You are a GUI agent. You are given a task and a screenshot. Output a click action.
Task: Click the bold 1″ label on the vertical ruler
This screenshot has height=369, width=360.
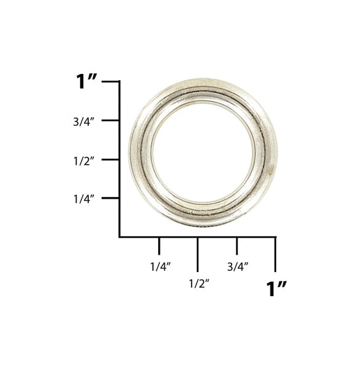pyautogui.click(x=86, y=81)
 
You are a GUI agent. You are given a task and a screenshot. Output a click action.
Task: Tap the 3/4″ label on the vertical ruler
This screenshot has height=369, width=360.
pyautogui.click(x=83, y=122)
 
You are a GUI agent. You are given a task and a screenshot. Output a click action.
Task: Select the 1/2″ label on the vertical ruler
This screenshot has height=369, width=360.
pyautogui.click(x=84, y=161)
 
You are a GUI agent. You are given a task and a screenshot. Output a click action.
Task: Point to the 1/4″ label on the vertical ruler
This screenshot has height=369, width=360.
pyautogui.click(x=84, y=199)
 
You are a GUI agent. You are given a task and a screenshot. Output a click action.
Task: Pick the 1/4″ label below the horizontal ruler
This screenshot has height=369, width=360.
pyautogui.click(x=161, y=267)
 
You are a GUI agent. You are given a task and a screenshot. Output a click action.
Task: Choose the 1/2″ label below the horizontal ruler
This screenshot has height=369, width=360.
pyautogui.click(x=199, y=284)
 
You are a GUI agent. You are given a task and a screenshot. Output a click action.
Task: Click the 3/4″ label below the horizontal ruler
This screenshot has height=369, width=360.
pyautogui.click(x=238, y=267)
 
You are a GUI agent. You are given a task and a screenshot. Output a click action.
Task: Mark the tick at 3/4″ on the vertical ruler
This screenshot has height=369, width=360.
pyautogui.click(x=110, y=120)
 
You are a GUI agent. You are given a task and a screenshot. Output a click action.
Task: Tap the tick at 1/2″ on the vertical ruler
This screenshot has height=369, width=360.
pyautogui.click(x=110, y=160)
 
